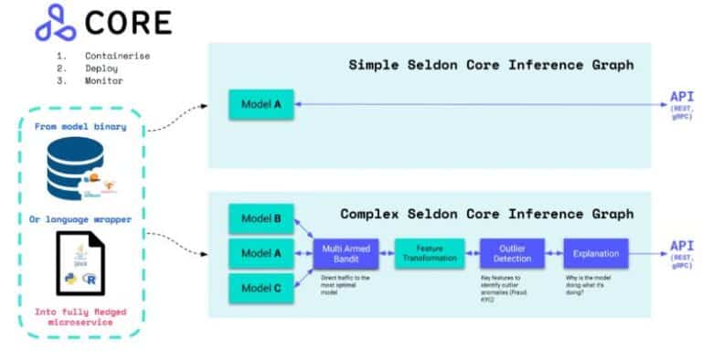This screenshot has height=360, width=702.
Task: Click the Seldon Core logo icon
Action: click(x=55, y=24)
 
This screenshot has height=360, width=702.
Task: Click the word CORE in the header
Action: click(x=128, y=24)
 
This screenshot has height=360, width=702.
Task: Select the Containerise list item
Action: click(x=116, y=56)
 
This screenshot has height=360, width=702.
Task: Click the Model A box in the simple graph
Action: click(x=261, y=105)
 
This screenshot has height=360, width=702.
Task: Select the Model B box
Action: click(x=261, y=220)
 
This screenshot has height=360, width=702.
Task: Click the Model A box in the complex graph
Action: click(x=261, y=253)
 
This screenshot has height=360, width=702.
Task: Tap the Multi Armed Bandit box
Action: click(x=344, y=253)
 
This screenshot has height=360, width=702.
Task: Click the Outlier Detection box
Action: click(x=512, y=253)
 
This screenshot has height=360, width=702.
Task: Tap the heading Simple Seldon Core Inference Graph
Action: click(x=491, y=65)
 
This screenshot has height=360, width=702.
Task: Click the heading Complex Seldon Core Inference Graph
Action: click(x=486, y=214)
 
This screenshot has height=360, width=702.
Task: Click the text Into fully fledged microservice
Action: click(x=80, y=319)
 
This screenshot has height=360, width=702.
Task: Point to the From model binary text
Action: click(x=80, y=126)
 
